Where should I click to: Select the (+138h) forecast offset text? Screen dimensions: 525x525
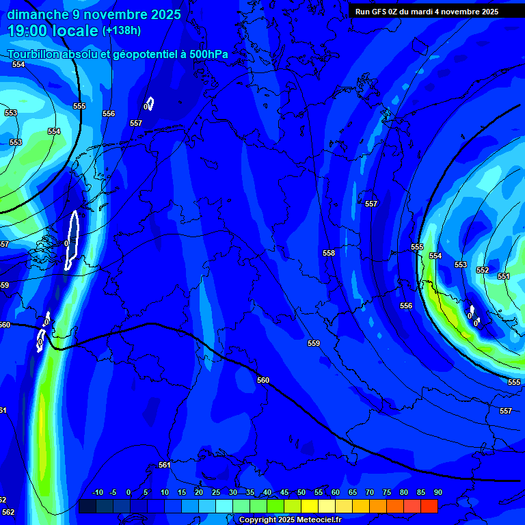click(x=121, y=31)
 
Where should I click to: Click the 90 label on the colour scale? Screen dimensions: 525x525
click(x=437, y=493)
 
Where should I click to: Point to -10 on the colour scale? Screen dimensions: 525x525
click(x=97, y=493)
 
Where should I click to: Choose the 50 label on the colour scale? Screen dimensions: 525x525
click(x=301, y=493)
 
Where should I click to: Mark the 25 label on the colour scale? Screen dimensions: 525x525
click(x=216, y=493)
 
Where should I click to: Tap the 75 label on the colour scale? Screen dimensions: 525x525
click(x=386, y=493)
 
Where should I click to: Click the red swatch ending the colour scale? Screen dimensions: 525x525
click(x=429, y=506)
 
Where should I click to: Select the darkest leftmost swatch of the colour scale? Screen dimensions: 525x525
click(x=87, y=506)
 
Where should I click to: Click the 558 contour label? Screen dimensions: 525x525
click(x=329, y=253)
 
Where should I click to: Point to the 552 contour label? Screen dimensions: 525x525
click(x=483, y=270)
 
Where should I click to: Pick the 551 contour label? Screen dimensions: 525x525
click(x=504, y=276)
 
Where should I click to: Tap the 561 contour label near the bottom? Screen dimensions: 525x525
click(x=164, y=465)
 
